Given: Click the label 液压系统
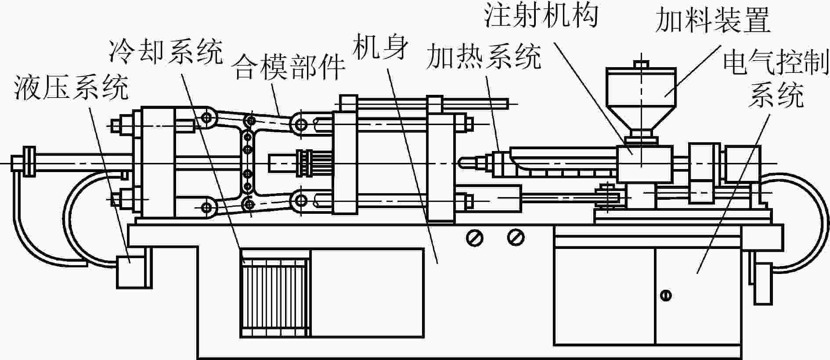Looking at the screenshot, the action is click(x=71, y=87).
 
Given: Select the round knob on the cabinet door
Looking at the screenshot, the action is click(x=666, y=295).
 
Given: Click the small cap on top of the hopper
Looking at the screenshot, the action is click(x=641, y=65).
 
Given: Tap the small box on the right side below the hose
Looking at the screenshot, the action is click(x=763, y=284).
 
